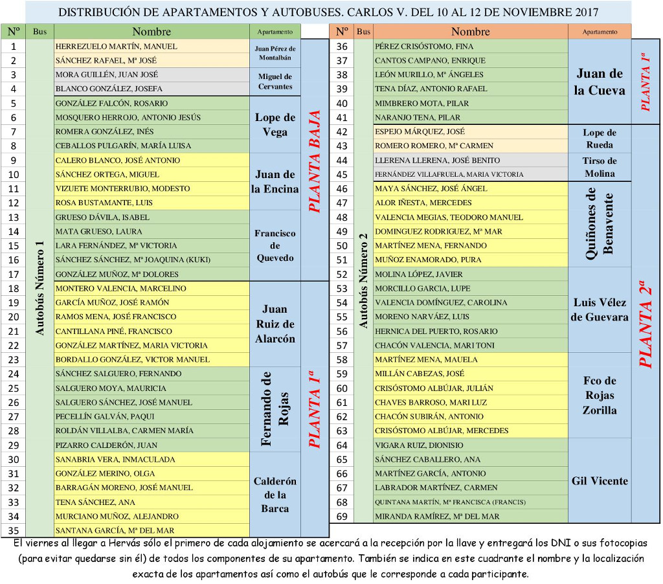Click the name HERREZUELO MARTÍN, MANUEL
click(x=116, y=47)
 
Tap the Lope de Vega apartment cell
click(x=275, y=124)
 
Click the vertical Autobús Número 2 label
click(x=363, y=280)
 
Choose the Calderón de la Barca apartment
click(x=275, y=495)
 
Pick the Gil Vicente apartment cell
click(x=599, y=481)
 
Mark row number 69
click(x=343, y=516)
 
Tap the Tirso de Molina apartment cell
click(x=599, y=167)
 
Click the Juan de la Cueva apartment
click(x=599, y=82)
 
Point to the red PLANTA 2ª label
click(x=646, y=324)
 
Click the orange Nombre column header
click(x=470, y=31)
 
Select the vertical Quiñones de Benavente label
click(x=599, y=224)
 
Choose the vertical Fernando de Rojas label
click(x=275, y=409)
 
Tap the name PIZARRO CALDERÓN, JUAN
click(x=106, y=445)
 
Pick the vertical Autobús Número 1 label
click(x=40, y=287)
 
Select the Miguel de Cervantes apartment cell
click(x=275, y=82)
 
